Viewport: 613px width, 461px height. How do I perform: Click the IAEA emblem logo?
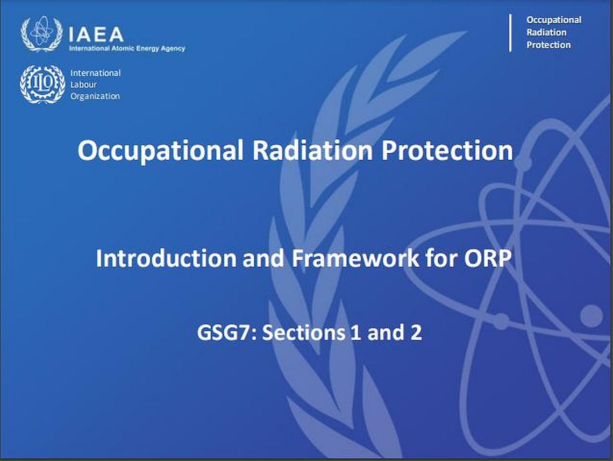41,34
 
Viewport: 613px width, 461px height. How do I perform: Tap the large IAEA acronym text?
96,34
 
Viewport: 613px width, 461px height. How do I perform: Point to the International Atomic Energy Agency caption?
127,48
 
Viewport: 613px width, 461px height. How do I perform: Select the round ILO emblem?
42,84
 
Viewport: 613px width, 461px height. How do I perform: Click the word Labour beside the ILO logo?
83,84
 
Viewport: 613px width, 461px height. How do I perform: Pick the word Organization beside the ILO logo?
95,96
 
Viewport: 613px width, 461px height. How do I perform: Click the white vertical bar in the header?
510,33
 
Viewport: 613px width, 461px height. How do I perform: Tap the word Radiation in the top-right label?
546,32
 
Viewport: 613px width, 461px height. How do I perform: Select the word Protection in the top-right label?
548,45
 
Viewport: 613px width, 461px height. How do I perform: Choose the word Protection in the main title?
447,150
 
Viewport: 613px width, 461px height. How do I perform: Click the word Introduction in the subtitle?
166,258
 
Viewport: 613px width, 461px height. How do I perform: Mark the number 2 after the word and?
416,332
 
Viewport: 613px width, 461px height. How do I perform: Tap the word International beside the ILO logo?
95,73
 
